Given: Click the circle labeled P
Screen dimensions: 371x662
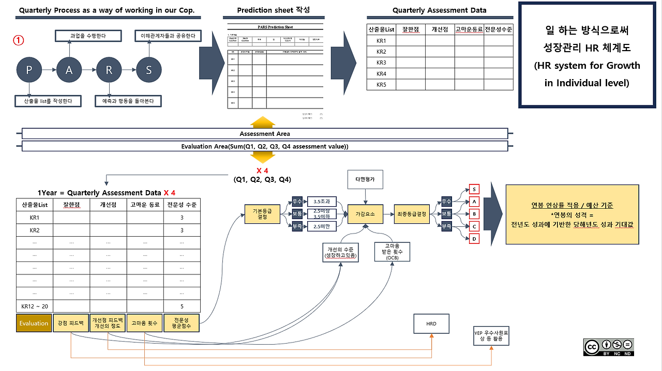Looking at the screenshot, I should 29,70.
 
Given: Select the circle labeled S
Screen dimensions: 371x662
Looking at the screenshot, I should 149,70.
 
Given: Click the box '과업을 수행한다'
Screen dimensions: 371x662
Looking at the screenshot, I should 88,36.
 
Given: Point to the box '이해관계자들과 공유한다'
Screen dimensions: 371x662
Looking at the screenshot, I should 168,36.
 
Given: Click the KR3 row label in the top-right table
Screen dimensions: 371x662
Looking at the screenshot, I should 381,63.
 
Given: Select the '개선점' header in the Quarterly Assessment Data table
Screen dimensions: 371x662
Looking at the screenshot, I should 440,29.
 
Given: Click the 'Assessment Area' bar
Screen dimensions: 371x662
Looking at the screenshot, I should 265,134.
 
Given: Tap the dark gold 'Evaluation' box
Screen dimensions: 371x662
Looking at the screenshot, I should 34,323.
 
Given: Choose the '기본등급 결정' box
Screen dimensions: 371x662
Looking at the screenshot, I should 262,213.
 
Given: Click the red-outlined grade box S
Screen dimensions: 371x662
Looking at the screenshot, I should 474,189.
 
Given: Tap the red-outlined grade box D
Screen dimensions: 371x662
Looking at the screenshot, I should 474,238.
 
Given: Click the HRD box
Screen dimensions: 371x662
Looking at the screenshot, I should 431,323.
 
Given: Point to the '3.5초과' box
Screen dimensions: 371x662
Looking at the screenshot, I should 322,201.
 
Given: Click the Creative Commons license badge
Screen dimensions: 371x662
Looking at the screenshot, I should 609,347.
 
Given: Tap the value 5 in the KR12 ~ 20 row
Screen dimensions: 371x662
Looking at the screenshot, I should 182,306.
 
